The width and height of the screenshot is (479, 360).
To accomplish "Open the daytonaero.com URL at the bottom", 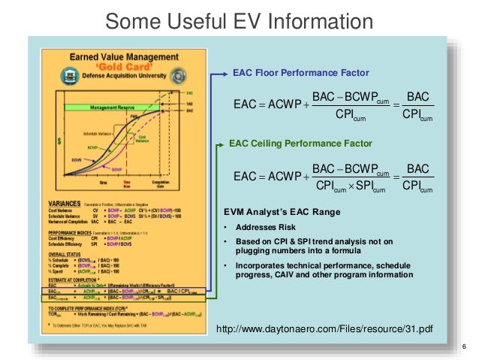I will coord(324,329).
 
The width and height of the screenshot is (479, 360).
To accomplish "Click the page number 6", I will coord(465,346).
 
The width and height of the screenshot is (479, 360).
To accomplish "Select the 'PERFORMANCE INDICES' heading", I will coord(75,234).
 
